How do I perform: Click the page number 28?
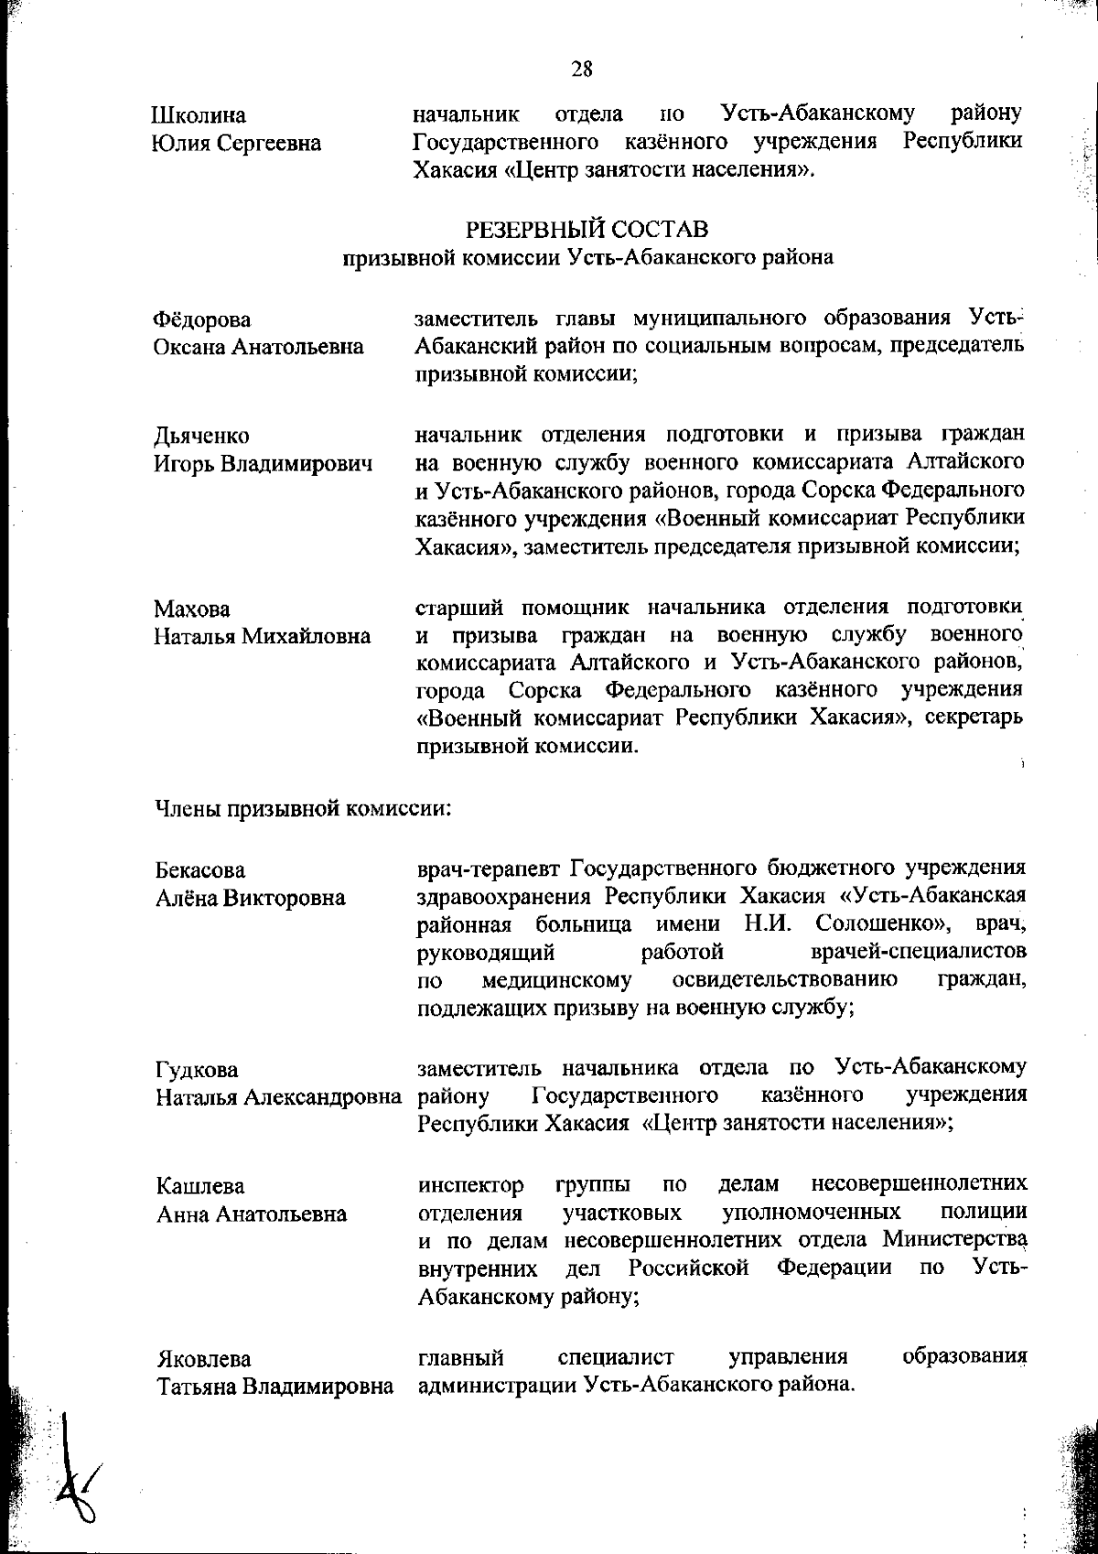click(x=582, y=69)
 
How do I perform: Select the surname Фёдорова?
click(x=202, y=319)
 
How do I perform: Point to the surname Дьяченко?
click(x=201, y=436)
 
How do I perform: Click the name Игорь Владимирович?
click(x=263, y=464)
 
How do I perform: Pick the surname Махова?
click(x=192, y=609)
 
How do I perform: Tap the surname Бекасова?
click(x=199, y=869)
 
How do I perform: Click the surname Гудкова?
click(x=197, y=1069)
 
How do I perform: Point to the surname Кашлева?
click(x=199, y=1186)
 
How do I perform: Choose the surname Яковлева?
click(x=202, y=1358)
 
